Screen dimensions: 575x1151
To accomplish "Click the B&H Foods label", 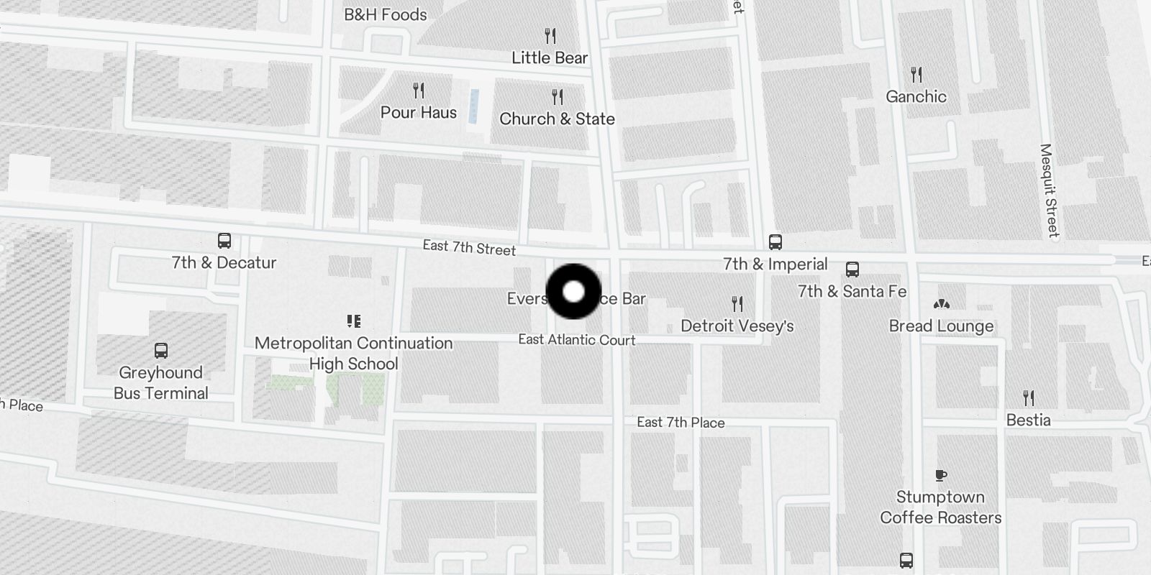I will click(385, 14).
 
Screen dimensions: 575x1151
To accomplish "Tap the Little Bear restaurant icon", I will click(550, 35).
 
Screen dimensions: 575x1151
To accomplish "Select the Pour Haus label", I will click(419, 112).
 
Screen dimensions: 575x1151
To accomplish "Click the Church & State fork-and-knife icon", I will click(558, 96).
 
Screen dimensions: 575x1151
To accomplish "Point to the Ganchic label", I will click(916, 96).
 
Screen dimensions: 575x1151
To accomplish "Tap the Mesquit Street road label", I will click(1049, 190).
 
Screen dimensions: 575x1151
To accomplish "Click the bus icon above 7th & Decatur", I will click(224, 241).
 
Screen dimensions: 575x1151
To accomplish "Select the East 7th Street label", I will click(469, 248).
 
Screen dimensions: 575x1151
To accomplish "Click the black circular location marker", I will click(573, 292).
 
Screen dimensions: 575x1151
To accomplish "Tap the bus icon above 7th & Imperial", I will click(775, 242).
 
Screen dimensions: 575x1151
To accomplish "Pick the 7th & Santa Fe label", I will click(852, 291).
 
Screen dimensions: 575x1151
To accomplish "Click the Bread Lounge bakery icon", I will click(941, 305).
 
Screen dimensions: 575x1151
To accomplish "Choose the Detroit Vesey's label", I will click(737, 326).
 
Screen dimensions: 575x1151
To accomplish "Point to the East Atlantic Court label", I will click(577, 339).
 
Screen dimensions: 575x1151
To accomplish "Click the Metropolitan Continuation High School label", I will click(353, 353).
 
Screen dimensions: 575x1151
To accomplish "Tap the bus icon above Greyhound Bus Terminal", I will click(161, 351).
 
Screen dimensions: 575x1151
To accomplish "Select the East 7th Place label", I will click(681, 422).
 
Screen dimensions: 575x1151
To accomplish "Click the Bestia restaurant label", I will click(1029, 420).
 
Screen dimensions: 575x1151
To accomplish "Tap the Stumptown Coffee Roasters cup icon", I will click(941, 475).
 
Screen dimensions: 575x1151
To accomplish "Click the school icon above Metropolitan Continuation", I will click(353, 321).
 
